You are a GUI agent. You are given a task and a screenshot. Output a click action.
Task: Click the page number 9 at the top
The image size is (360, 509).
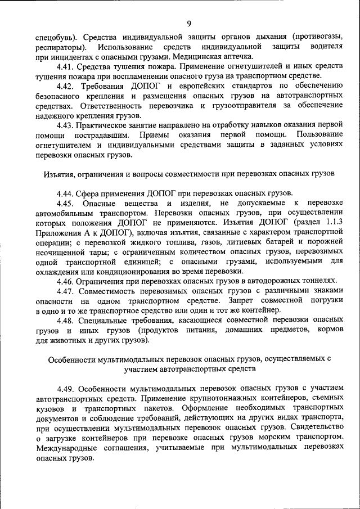189,23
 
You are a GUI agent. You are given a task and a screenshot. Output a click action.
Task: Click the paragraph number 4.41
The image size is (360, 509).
66,66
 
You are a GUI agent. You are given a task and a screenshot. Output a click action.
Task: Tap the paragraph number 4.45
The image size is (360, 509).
67,202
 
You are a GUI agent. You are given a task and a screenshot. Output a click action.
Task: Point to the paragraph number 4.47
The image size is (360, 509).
66,291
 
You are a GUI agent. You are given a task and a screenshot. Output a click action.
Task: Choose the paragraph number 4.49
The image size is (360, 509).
66,389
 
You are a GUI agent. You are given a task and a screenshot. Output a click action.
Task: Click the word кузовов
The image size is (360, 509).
50,408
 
